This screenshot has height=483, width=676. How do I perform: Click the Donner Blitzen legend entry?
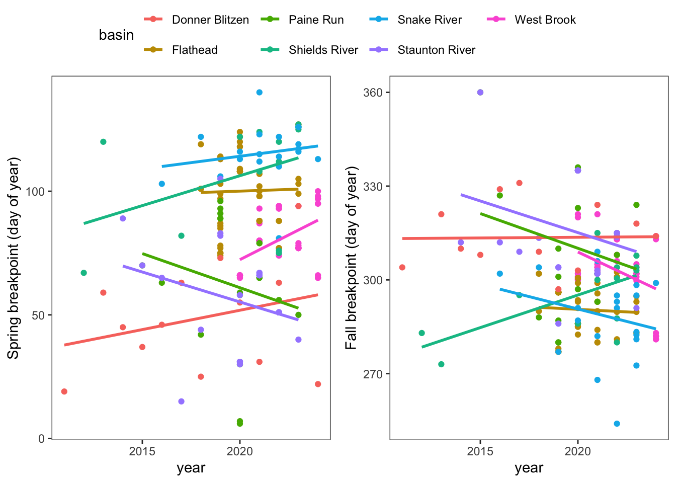point(210,20)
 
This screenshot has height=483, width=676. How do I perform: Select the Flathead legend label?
point(194,50)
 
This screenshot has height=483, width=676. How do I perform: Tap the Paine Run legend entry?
point(316,20)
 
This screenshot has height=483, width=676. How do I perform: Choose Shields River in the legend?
point(323,50)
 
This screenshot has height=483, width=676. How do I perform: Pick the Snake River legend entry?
point(429,20)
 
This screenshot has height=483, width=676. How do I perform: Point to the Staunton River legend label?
point(436,50)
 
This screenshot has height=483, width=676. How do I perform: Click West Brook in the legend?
point(545,20)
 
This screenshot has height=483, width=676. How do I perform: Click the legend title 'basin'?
point(116,35)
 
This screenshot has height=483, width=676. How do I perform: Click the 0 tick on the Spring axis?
point(42,439)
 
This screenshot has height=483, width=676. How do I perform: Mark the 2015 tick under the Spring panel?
point(142,451)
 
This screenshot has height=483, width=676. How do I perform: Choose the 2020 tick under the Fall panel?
point(578,451)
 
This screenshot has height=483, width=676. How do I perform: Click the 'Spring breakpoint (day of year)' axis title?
point(14,258)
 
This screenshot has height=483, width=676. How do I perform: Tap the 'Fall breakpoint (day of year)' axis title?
point(351,258)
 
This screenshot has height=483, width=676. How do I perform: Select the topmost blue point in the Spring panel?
point(260,93)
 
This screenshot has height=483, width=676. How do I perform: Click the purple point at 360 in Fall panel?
point(480,93)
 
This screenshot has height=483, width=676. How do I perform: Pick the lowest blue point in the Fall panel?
point(617,424)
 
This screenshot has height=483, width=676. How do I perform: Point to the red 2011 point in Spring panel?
point(64,391)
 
